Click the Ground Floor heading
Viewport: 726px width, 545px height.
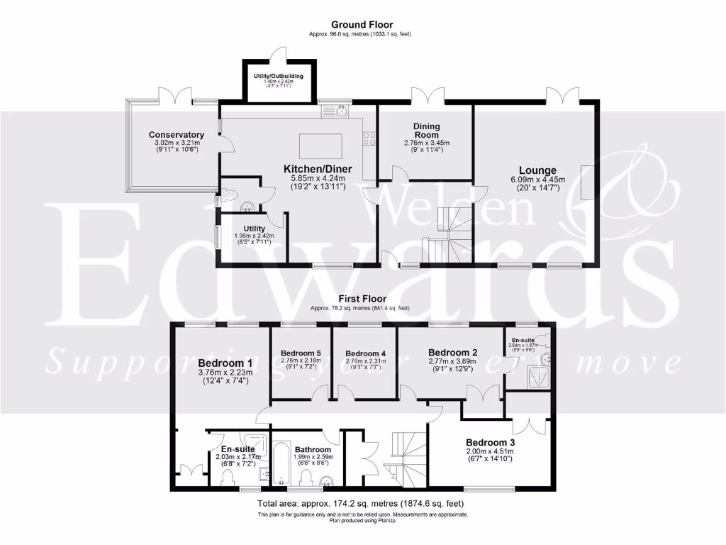click(362, 24)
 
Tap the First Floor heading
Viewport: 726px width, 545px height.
click(362, 299)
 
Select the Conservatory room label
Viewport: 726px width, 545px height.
click(177, 135)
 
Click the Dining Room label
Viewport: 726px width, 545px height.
click(427, 130)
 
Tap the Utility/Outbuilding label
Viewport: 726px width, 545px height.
click(279, 76)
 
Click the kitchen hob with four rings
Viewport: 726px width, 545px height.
click(369, 139)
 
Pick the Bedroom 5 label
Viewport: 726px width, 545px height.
click(301, 353)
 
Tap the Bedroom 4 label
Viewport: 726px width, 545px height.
click(365, 353)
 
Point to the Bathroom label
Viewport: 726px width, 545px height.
click(313, 449)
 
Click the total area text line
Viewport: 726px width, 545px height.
click(362, 502)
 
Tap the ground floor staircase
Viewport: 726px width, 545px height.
click(443, 234)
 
